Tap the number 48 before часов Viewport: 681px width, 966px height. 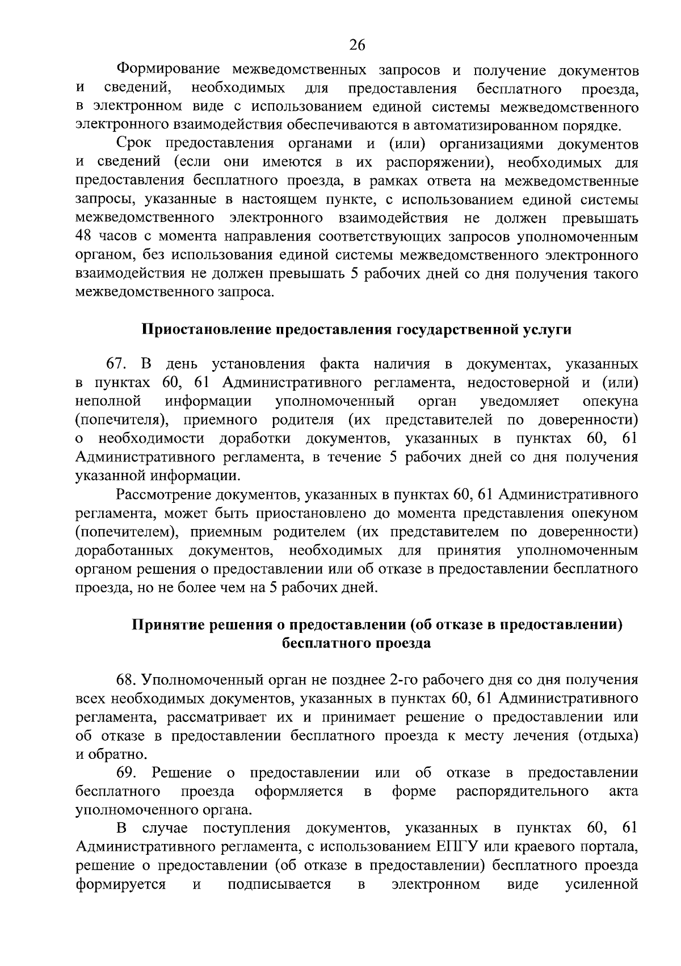point(85,237)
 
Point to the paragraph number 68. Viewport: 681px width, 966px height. point(126,679)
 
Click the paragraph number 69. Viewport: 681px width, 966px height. point(126,772)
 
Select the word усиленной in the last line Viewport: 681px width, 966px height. point(602,884)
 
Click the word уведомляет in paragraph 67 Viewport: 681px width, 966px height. point(519,401)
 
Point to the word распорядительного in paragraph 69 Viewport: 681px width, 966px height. point(522,791)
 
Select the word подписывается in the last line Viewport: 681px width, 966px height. point(279,884)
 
